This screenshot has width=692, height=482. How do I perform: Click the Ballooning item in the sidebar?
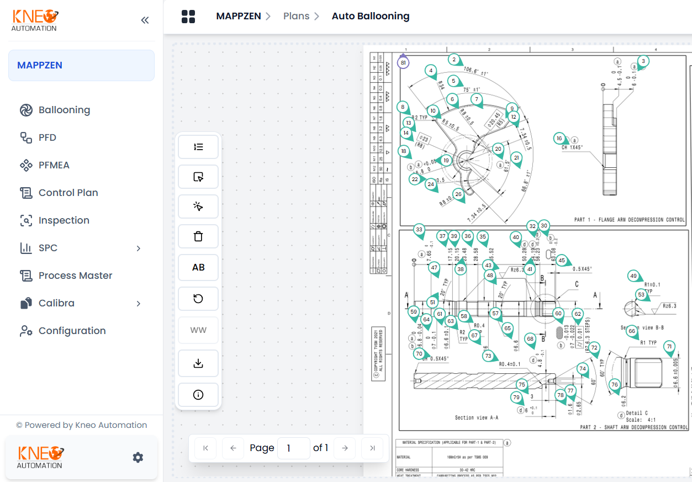click(x=64, y=110)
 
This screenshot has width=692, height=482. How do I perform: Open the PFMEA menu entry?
click(x=54, y=165)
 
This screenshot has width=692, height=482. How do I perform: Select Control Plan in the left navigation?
click(x=68, y=193)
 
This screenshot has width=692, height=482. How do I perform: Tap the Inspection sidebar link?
click(x=64, y=220)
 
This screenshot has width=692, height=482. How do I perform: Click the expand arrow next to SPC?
click(x=138, y=248)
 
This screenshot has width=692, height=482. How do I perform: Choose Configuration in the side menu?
click(x=72, y=331)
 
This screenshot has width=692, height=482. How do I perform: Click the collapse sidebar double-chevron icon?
click(x=145, y=20)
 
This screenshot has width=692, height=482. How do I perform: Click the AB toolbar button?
click(x=198, y=267)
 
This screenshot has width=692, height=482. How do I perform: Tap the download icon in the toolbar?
click(x=198, y=363)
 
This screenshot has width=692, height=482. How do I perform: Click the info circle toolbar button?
click(x=198, y=395)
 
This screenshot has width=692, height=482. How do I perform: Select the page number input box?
click(x=293, y=448)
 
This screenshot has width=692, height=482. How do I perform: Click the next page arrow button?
click(x=345, y=448)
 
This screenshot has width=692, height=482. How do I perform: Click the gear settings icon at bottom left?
click(x=138, y=457)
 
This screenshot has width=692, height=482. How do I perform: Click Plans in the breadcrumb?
click(x=296, y=16)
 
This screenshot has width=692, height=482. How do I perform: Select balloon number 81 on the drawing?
click(x=403, y=63)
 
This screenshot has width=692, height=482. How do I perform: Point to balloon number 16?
click(x=559, y=138)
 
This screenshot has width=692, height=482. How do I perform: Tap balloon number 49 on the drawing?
click(x=633, y=276)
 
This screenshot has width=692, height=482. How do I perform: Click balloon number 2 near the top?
click(x=454, y=60)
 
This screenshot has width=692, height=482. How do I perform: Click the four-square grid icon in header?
click(x=188, y=17)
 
